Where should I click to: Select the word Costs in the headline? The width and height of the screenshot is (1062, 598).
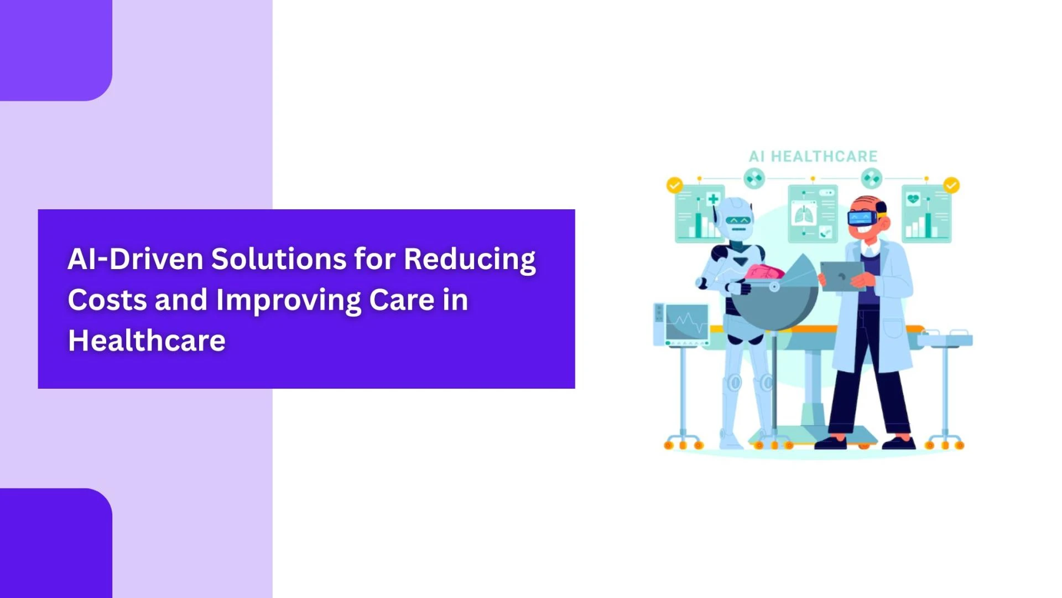click(x=107, y=300)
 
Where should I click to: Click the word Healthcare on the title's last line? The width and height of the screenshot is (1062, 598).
click(x=147, y=340)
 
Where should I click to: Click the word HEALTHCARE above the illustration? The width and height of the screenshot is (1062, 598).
click(x=824, y=157)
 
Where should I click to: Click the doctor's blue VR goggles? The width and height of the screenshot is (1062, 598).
click(x=863, y=217)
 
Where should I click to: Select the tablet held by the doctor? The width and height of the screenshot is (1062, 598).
click(x=842, y=276)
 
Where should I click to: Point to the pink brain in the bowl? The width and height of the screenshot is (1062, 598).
click(x=764, y=272)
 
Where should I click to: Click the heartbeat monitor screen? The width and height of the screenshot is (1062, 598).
click(x=686, y=322)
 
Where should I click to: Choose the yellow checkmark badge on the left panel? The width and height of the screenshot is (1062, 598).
click(x=674, y=185)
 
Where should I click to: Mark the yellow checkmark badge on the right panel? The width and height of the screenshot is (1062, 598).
click(x=951, y=185)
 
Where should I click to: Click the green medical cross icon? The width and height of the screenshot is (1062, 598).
click(x=713, y=199)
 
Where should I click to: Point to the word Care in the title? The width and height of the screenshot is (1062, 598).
click(x=402, y=300)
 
